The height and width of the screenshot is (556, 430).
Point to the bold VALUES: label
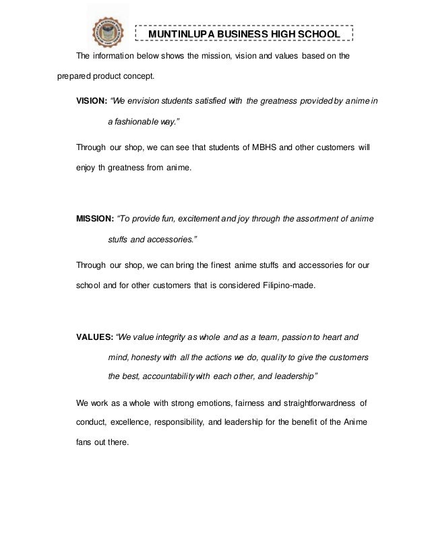[x=94, y=335]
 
